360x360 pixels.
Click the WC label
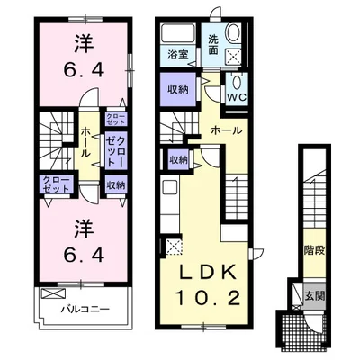click(237, 97)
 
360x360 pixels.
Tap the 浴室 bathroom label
click(178, 56)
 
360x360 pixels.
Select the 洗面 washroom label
click(213, 45)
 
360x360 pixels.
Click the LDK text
click(207, 273)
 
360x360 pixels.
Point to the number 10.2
click(208, 298)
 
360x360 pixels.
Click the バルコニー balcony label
click(85, 310)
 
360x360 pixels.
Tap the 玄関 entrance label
click(315, 296)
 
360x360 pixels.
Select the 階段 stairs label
click(315, 250)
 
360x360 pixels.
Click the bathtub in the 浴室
click(178, 33)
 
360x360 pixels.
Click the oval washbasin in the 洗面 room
click(234, 33)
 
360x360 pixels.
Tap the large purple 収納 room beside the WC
click(178, 89)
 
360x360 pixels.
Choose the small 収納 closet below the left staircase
click(179, 160)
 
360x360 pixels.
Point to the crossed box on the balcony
click(53, 293)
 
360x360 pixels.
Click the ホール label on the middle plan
click(227, 130)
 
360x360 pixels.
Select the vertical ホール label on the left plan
click(85, 142)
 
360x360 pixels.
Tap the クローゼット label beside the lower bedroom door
click(57, 184)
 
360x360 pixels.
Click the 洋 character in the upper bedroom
click(84, 45)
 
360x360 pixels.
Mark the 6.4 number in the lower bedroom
click(84, 256)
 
